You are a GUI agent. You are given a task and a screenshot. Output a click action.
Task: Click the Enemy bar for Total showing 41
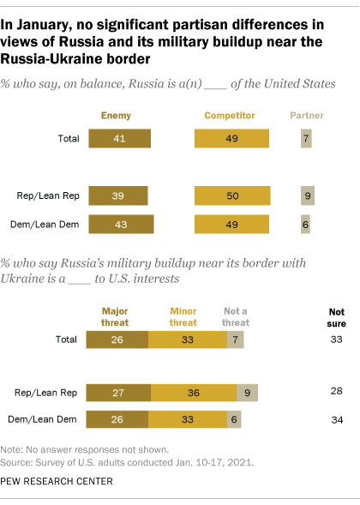coord(119,139)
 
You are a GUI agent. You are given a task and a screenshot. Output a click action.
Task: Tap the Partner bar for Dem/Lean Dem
coord(305,224)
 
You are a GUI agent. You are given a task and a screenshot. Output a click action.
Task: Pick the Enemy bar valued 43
coord(121,224)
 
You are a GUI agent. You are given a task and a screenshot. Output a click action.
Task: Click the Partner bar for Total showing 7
coord(306,139)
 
